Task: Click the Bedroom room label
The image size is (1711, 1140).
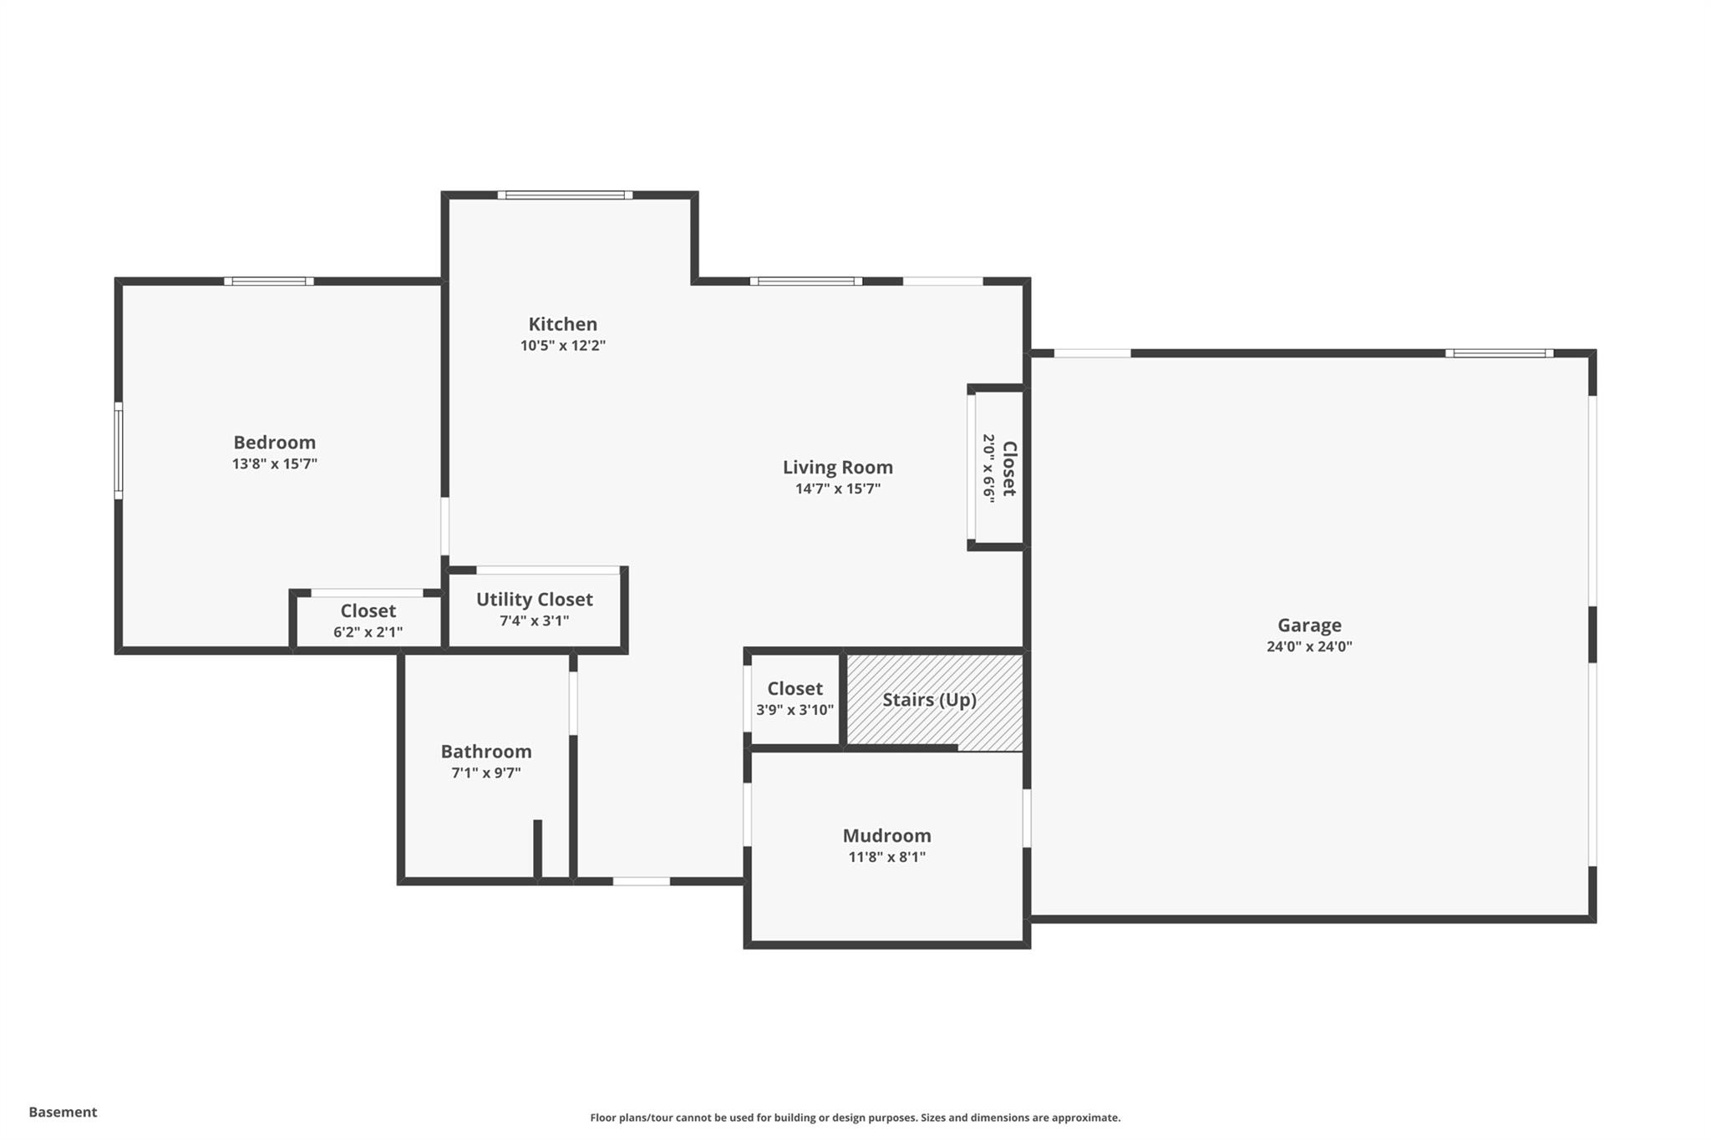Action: tap(274, 443)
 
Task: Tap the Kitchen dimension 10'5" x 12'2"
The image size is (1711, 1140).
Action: tap(562, 346)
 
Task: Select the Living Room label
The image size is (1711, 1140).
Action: tap(837, 468)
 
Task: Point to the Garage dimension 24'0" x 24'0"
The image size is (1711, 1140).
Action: tap(1308, 646)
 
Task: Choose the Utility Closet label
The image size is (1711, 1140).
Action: tap(534, 600)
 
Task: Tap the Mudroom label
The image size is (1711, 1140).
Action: tap(886, 836)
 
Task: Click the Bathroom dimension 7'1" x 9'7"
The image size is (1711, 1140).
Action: tap(485, 773)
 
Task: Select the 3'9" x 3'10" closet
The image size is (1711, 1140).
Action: tap(795, 699)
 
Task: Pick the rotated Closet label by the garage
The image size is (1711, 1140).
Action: tap(1008, 469)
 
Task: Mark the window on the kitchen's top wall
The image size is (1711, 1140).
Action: tap(565, 195)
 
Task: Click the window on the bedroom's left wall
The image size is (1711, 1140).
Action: tap(119, 451)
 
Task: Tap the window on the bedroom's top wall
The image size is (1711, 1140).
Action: tap(269, 281)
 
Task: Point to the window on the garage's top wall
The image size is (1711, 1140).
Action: tap(1499, 353)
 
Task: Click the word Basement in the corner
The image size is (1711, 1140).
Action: tap(63, 1112)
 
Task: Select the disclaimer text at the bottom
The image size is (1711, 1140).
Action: tap(855, 1117)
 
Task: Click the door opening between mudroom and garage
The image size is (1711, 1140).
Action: tap(1027, 818)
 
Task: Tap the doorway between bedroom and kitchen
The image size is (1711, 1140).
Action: tap(444, 526)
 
